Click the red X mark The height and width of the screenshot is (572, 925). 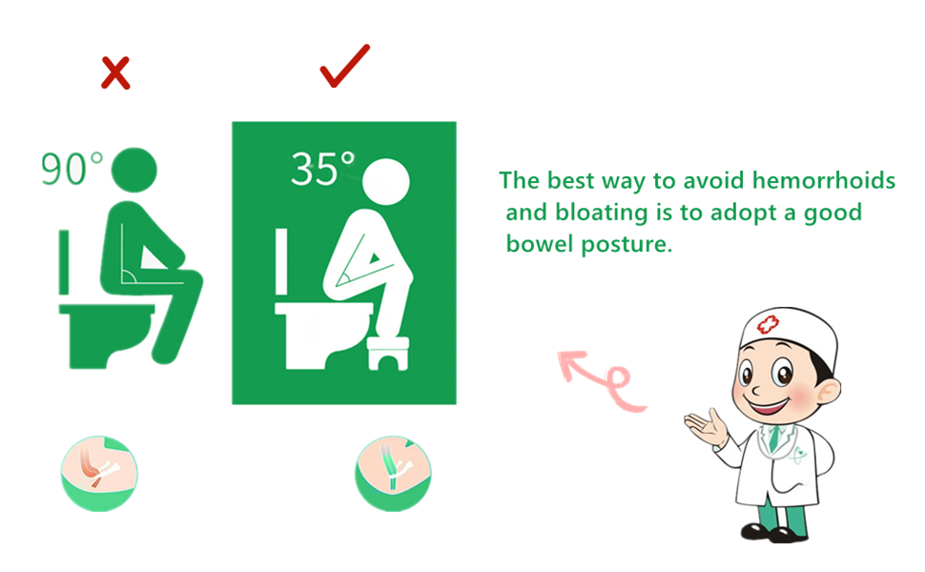click(x=115, y=72)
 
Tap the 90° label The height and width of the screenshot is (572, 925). click(x=72, y=169)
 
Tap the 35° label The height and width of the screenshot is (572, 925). click(x=322, y=170)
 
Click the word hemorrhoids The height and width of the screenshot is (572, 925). click(x=823, y=180)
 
